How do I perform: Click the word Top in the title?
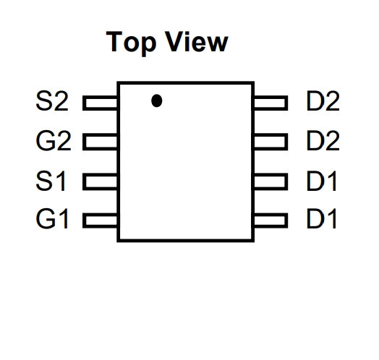coord(131,43)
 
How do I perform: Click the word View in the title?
coord(197,41)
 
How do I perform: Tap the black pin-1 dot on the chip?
coord(157,100)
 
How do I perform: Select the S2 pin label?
coord(52,101)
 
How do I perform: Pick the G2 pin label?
coord(54,141)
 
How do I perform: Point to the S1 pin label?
coord(51,181)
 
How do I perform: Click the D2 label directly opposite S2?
coord(323,101)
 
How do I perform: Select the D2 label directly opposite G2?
coord(323,141)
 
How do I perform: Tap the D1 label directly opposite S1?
coord(321,181)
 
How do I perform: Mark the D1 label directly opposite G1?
coord(321,218)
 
